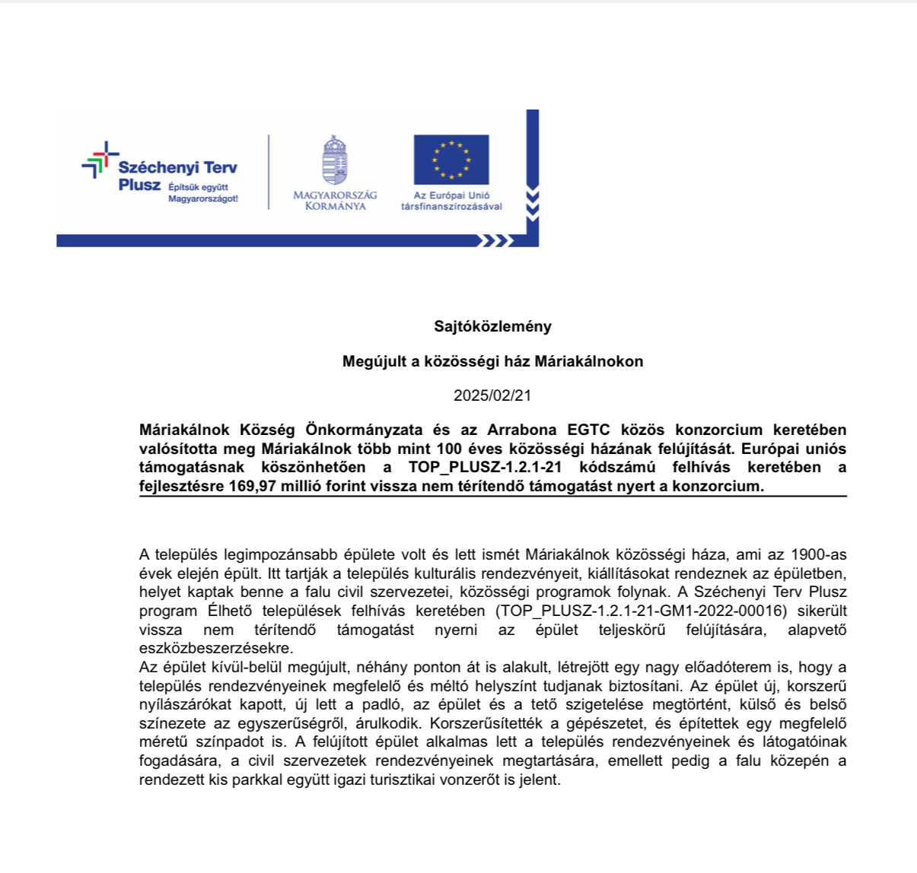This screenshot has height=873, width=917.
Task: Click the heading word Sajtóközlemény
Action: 492,326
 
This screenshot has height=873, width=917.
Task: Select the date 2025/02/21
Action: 492,395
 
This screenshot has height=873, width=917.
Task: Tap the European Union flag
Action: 451,160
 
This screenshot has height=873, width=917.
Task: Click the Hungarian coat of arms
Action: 335,160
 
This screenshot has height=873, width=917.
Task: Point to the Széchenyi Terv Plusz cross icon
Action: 100,160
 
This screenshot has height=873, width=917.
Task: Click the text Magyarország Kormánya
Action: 335,201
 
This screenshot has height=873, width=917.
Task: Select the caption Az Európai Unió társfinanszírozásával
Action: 451,201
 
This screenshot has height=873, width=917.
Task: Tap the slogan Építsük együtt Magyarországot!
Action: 203,193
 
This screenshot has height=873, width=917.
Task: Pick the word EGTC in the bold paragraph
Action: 594,430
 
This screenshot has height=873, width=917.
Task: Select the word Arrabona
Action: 522,430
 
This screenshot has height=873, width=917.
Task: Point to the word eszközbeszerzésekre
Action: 215,649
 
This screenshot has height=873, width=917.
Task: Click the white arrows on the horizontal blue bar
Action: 494,241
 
